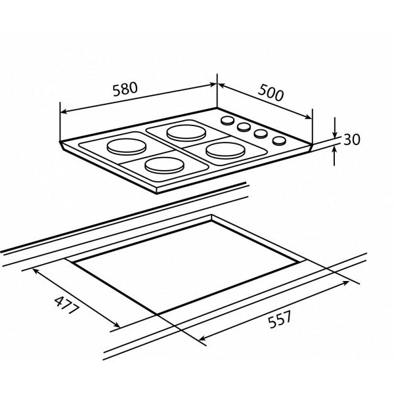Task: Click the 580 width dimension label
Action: [x=125, y=89]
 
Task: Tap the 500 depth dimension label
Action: [x=271, y=93]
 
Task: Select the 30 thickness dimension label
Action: [x=351, y=139]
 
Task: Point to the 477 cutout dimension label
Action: [x=67, y=305]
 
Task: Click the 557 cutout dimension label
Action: [x=280, y=319]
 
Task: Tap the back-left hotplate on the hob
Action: [x=126, y=146]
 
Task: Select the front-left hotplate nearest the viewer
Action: [x=165, y=165]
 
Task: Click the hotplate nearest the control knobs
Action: [x=225, y=150]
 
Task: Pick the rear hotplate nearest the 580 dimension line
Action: [x=186, y=133]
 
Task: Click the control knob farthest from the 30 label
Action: [x=228, y=120]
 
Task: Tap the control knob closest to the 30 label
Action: [x=279, y=141]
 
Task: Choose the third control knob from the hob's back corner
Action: [x=261, y=133]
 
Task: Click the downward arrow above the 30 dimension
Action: [x=334, y=127]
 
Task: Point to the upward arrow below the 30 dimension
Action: [x=334, y=156]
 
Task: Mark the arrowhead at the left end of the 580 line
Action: [x=64, y=112]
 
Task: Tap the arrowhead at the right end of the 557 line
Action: [x=345, y=283]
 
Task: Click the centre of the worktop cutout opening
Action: [x=186, y=267]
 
